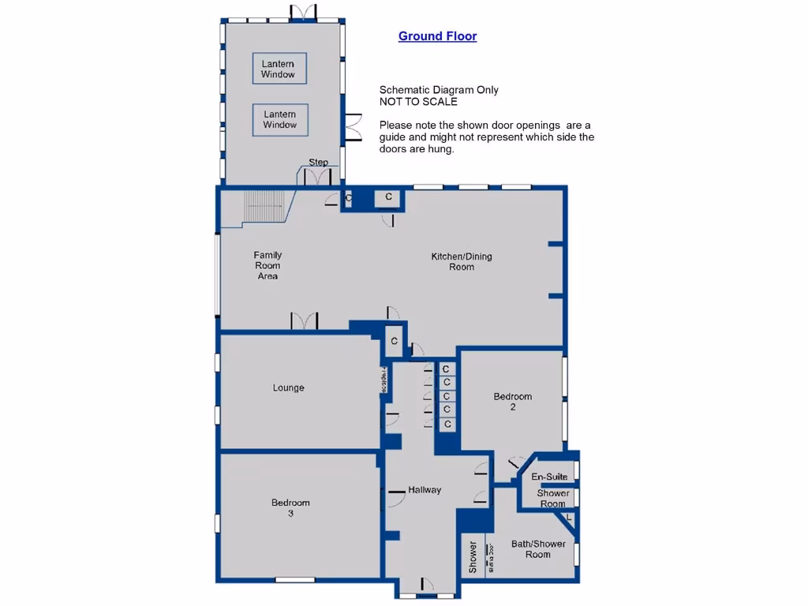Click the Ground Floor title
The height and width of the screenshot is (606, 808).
pos(437,36)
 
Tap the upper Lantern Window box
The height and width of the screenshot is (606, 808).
pos(279,69)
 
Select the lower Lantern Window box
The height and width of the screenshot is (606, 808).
pos(280,119)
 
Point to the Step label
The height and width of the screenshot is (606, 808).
pos(318,163)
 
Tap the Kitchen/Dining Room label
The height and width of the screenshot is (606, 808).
pos(462,261)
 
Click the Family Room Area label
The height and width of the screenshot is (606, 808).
pos(267,265)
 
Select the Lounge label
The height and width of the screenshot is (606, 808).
pos(288,388)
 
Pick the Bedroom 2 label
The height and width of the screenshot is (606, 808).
pos(513,402)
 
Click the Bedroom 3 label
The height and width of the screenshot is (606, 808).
pos(290,507)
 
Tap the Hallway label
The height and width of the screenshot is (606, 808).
pos(425,490)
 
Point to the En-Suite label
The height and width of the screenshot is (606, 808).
pos(549,477)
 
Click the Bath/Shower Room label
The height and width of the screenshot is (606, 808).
pos(530,549)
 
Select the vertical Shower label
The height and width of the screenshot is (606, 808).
pos(473,556)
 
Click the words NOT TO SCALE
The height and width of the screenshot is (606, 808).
pos(418,102)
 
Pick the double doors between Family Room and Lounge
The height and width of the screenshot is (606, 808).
pos(304,321)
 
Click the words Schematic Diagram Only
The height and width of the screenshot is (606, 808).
pos(439,90)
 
